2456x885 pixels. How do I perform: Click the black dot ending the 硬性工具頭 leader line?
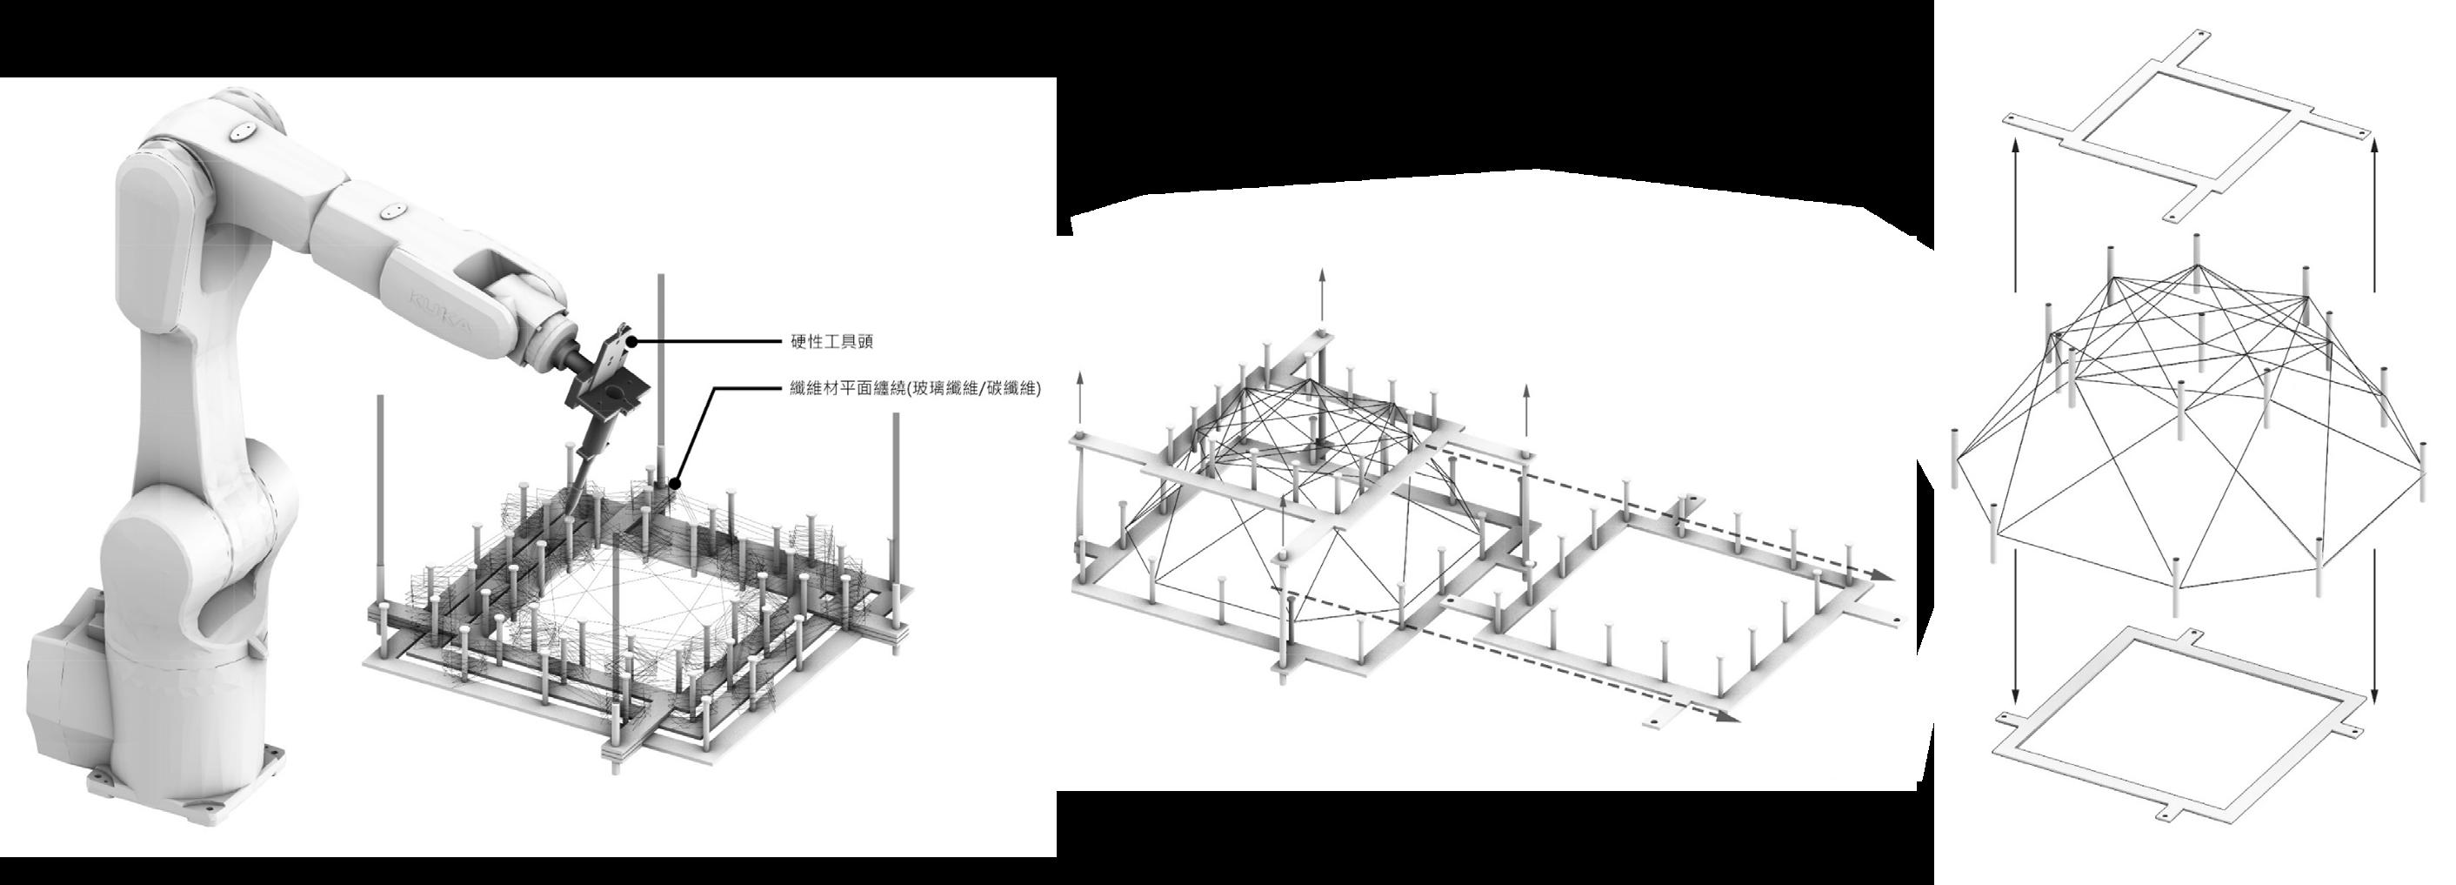coord(631,340)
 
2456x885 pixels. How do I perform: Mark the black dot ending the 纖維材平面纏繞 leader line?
coord(676,480)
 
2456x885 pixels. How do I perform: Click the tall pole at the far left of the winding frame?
coord(382,496)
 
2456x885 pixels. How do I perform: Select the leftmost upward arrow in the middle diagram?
coord(1080,400)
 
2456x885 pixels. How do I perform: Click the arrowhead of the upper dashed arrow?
coord(1879,576)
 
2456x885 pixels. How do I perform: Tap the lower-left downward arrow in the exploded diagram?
coord(2014,648)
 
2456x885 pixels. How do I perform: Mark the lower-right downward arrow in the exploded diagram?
coord(2374,648)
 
